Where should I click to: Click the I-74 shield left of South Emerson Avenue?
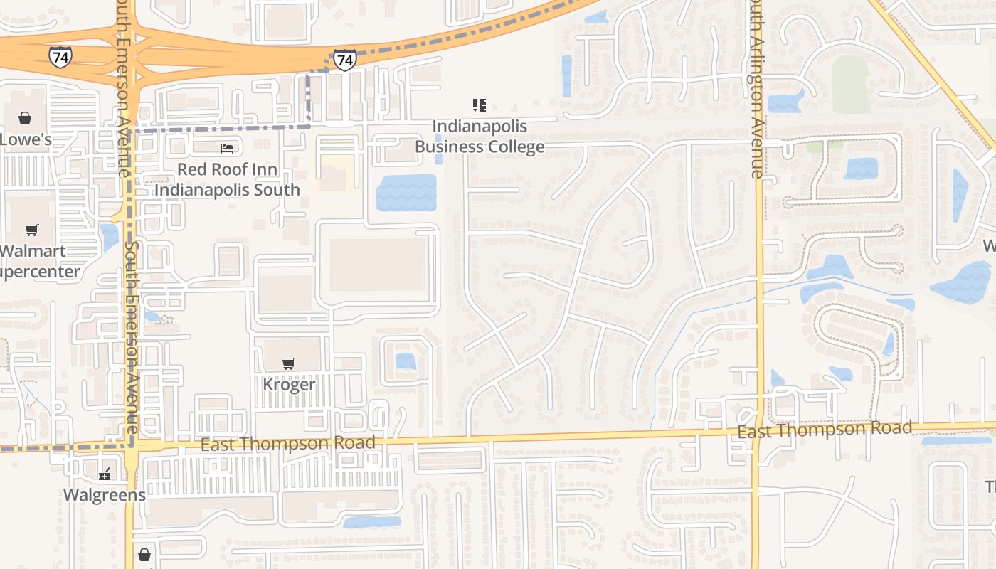coord(60,57)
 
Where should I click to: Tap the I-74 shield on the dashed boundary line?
coord(344,60)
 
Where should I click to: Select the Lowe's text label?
coord(26,139)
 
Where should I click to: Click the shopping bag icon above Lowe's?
coord(25,118)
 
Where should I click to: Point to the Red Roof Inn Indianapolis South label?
coord(227,179)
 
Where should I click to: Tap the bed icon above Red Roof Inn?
coord(227,148)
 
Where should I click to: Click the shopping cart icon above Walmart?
coord(31,230)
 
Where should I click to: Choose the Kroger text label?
coord(289,384)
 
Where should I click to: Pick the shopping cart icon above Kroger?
coord(288,364)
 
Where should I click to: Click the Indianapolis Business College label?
coord(480,137)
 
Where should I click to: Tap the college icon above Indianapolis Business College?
coord(480,105)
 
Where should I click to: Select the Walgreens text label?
coord(105,494)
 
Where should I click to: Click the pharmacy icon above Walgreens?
coord(105,474)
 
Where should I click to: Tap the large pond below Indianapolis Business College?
coord(406,192)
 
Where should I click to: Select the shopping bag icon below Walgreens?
coord(144,554)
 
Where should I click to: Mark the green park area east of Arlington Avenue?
coord(851,84)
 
